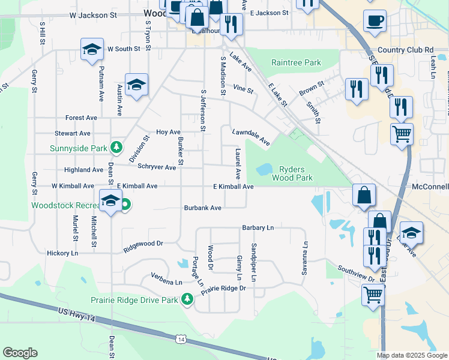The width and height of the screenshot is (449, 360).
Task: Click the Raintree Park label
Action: coord(296,62)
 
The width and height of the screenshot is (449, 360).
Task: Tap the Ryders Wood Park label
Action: coord(292,174)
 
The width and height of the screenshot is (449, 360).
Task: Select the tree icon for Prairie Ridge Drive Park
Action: coord(187,299)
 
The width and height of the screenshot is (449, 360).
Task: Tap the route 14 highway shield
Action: coord(181,340)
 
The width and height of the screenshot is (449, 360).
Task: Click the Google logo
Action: coord(20,353)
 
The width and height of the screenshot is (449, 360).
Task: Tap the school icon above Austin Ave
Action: coord(136,85)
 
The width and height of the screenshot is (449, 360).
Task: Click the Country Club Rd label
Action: coord(405,50)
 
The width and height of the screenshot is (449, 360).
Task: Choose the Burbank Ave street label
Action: coord(203,208)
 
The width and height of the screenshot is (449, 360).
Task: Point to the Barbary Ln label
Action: coord(258,228)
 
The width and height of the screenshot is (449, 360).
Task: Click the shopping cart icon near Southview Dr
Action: coord(373,295)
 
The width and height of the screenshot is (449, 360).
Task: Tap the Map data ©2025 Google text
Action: coord(411,355)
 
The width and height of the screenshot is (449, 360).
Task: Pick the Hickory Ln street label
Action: coord(62,254)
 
